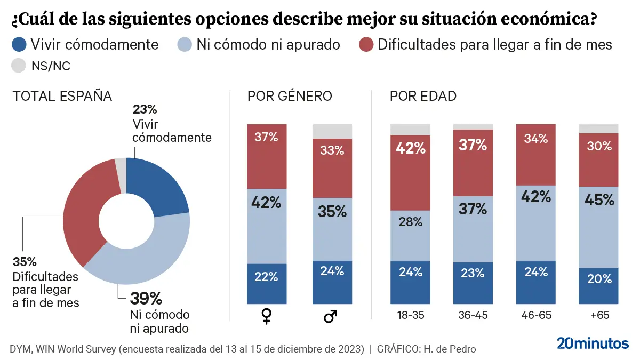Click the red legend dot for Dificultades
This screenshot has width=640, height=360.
click(365, 44)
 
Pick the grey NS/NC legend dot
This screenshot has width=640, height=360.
click(19, 66)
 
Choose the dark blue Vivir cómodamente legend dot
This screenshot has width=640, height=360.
click(19, 44)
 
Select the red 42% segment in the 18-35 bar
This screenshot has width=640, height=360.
click(410, 172)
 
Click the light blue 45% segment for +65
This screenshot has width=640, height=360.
click(598, 227)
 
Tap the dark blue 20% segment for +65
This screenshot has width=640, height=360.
click(598, 286)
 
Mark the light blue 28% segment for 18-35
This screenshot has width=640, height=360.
click(410, 235)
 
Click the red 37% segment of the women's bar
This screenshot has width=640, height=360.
click(266, 156)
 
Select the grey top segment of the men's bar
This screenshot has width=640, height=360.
click(331, 131)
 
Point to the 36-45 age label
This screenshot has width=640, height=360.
click(473, 315)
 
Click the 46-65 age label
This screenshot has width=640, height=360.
click(535, 315)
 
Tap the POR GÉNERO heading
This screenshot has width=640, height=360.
click(290, 96)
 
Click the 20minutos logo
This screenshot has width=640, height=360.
click(593, 343)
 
